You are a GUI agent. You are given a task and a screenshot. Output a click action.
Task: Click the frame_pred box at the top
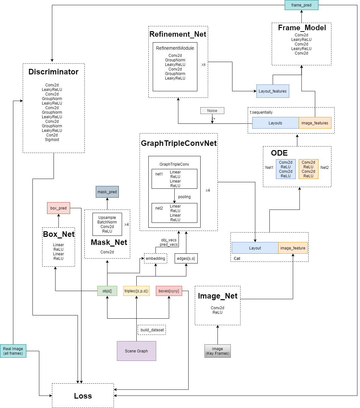(301, 5)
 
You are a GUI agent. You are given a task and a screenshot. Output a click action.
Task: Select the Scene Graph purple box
(136, 351)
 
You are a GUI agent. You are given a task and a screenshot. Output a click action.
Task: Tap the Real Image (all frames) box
(13, 351)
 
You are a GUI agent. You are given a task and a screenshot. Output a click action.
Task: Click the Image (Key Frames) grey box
(217, 351)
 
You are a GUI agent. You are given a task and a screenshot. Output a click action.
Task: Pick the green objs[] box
(107, 291)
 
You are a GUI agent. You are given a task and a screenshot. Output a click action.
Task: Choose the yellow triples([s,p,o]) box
(136, 291)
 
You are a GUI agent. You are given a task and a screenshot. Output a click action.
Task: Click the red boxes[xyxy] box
(169, 291)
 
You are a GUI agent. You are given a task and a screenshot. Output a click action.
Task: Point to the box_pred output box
(58, 208)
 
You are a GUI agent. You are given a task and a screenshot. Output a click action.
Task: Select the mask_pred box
(107, 192)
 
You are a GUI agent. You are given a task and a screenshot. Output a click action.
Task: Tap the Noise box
(212, 111)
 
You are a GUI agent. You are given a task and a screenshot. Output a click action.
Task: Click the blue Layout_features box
(273, 91)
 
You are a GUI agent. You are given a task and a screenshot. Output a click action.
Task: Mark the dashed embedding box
(155, 259)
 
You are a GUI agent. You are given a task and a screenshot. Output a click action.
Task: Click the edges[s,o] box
(186, 259)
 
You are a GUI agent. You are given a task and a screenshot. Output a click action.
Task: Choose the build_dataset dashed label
(152, 330)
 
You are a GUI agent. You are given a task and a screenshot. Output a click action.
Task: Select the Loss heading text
(83, 396)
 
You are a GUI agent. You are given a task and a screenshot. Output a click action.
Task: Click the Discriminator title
(54, 72)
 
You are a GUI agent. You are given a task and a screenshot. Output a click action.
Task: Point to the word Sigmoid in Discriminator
(52, 140)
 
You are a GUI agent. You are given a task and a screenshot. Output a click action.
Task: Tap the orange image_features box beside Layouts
(315, 123)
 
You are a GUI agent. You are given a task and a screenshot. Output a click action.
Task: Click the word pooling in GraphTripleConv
(184, 197)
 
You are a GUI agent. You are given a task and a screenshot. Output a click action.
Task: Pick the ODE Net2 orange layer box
(308, 169)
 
